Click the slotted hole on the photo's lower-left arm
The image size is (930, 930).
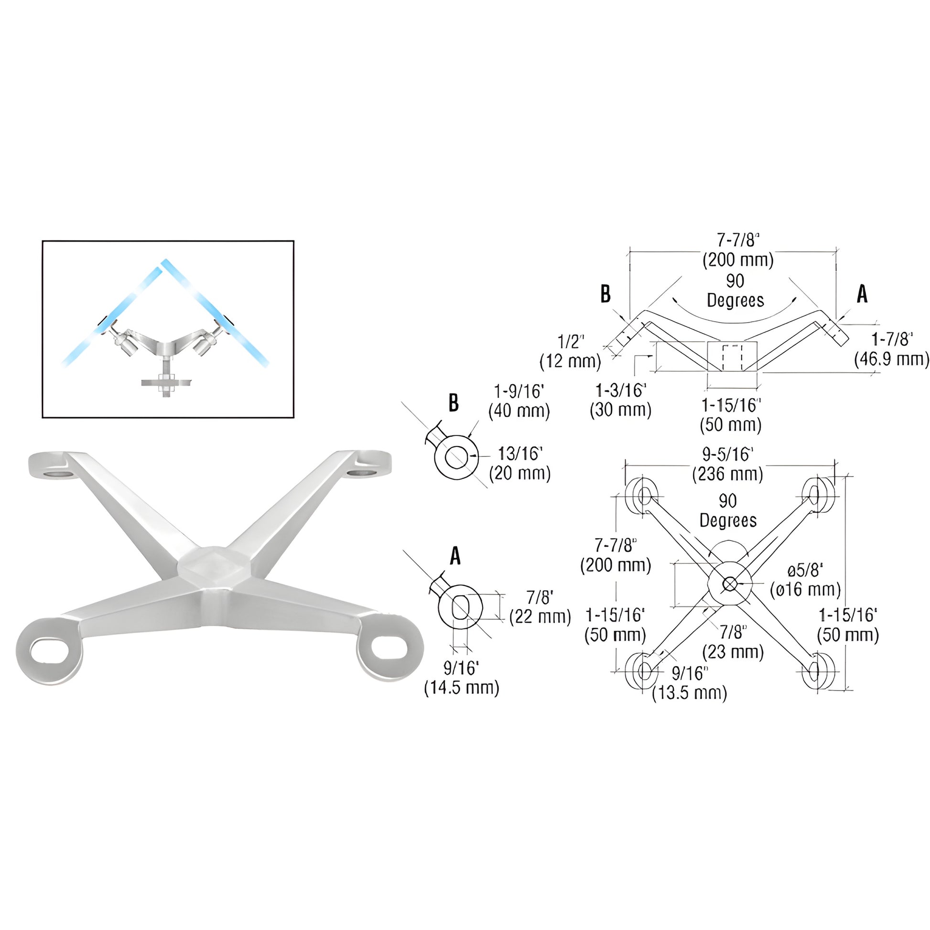[x=50, y=649]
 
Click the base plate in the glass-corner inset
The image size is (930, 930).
[x=166, y=383]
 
